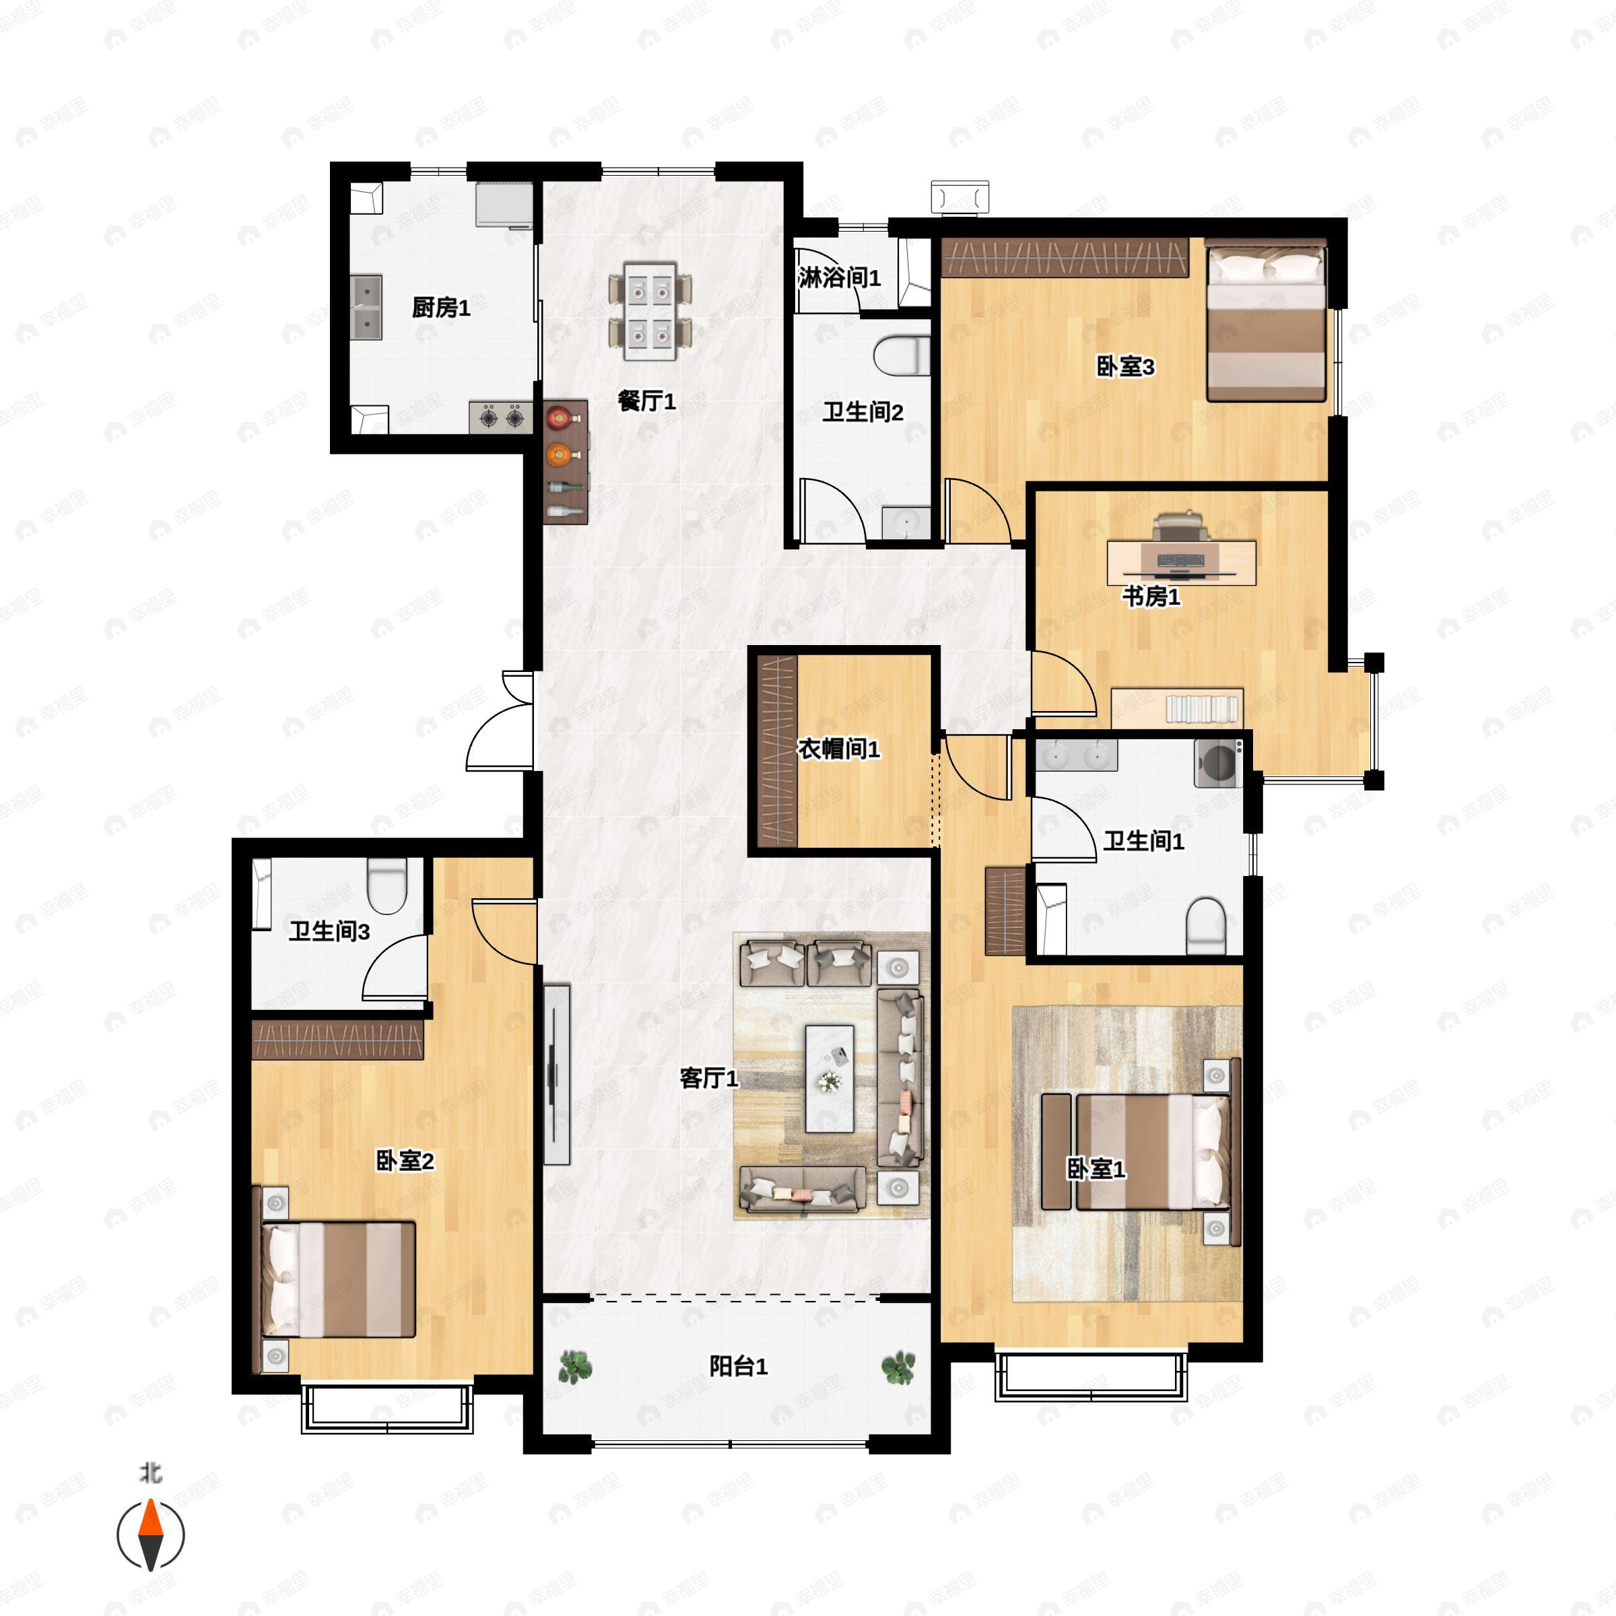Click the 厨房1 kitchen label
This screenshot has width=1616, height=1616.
(441, 308)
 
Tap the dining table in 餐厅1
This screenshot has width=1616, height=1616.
(650, 311)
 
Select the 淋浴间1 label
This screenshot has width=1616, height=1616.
(839, 277)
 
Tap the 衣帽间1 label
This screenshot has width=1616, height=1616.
(839, 749)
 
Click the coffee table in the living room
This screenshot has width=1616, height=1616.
(829, 1078)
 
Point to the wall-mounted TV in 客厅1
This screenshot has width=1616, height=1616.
(555, 1075)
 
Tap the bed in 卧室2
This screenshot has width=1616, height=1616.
(339, 1280)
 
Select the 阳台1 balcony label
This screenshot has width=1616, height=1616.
(738, 1366)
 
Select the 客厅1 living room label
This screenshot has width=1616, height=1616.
(709, 1078)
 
